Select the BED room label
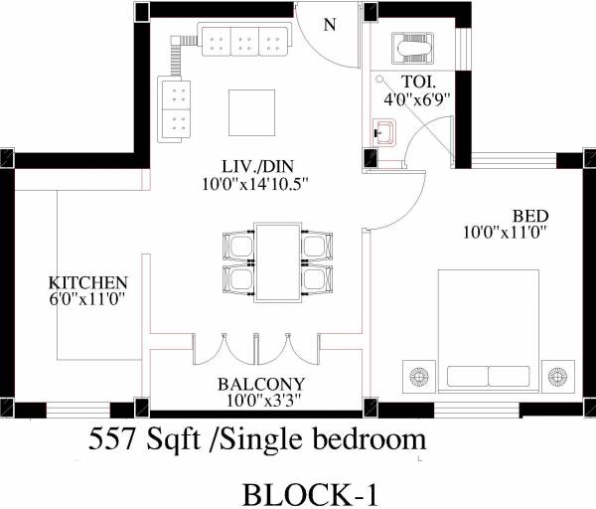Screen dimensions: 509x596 528,216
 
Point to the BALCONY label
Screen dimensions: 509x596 260,384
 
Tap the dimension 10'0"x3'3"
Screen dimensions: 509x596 260,401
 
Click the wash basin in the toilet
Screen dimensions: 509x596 384,130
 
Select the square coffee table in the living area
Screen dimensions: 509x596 252,109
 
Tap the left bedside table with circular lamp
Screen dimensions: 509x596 418,375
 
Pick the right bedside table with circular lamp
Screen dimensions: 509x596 559,375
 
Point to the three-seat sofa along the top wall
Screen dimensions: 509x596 244,42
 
